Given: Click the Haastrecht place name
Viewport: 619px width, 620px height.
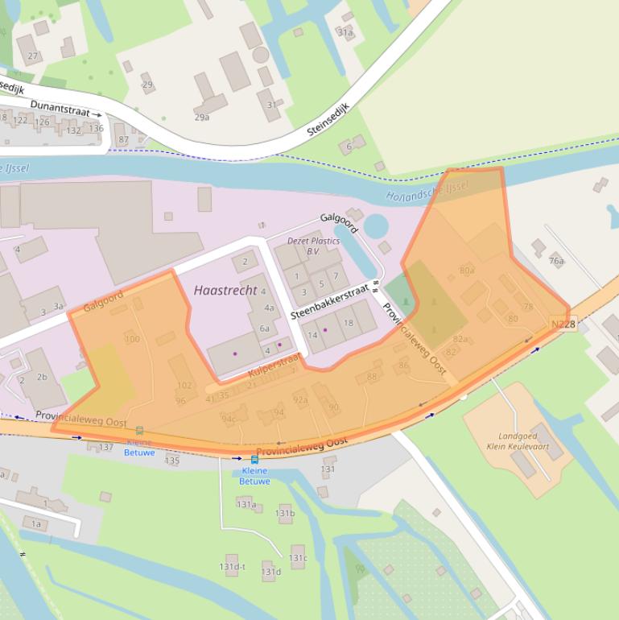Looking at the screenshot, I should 225,290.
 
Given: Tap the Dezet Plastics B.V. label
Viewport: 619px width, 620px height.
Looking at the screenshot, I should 313,246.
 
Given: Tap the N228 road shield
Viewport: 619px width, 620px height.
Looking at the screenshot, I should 563,324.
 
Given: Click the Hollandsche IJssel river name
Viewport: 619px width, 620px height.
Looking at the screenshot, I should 427,192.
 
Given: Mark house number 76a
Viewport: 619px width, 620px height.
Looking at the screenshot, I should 556,261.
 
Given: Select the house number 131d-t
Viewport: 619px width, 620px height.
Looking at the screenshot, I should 232,567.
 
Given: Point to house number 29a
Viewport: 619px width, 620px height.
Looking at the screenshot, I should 202,117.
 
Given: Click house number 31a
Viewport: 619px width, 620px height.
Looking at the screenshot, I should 345,33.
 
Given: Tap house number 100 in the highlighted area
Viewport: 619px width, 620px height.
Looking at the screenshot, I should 132,339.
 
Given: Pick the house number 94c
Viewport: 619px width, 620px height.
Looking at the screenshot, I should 229,419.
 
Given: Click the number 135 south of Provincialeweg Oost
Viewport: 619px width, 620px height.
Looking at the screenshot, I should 172,461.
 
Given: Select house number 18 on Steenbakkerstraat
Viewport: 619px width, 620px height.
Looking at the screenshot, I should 349,323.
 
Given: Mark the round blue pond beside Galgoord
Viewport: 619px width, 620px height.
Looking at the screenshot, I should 376,226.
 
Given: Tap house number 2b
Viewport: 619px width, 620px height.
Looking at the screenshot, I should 42,377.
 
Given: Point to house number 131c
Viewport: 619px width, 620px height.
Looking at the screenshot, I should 298,558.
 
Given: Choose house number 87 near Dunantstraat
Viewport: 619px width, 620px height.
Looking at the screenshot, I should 123,140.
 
